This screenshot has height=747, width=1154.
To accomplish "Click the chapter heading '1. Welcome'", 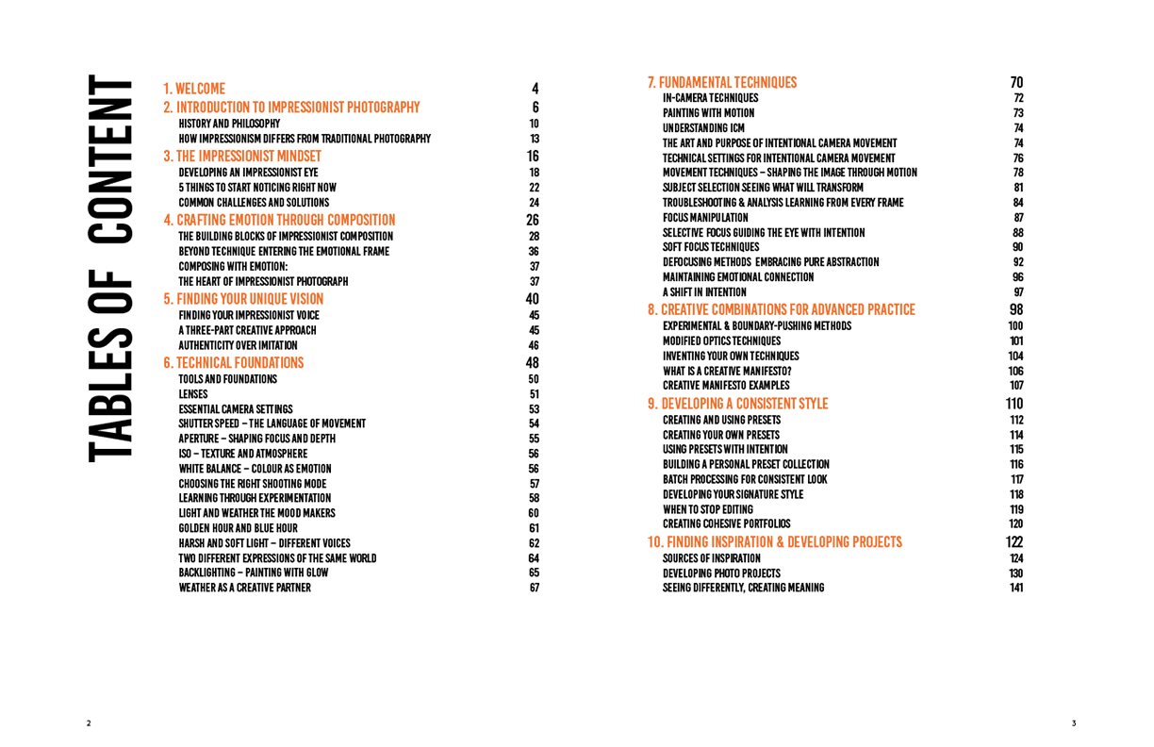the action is coord(194,89).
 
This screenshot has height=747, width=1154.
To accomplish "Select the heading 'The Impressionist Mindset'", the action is coord(242,157).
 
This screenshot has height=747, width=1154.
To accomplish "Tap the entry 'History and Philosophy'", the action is coord(229,124).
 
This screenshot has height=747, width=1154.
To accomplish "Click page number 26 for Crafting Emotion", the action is coord(533,220).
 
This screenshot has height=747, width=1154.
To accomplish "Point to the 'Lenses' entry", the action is coord(193,394).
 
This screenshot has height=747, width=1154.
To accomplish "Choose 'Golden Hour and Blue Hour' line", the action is coord(238,528).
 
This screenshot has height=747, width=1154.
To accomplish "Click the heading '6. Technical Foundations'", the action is coord(234,363).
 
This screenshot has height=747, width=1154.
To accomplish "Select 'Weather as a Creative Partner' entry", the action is coord(245,588).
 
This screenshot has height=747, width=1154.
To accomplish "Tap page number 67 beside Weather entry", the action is coord(535,588).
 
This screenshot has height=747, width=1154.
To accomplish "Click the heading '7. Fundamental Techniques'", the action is coord(722,82).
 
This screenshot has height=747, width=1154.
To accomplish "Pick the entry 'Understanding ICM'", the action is coord(703,128).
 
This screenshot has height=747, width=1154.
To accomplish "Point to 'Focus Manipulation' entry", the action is coord(705,218).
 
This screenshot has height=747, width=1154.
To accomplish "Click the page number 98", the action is coord(1016,309).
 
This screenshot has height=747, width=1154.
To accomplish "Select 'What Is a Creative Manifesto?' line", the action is coord(727,372).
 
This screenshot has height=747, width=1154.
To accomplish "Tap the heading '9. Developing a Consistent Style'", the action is coord(737,404).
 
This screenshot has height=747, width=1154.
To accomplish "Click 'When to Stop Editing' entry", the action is coord(708,509).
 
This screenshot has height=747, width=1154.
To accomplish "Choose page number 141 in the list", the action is coord(1016,588).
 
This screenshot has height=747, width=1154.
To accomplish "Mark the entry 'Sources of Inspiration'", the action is coord(712,558).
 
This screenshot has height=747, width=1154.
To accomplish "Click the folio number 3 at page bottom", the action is coord(1074,723).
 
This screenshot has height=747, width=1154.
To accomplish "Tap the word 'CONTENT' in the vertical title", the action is coord(110,159).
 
